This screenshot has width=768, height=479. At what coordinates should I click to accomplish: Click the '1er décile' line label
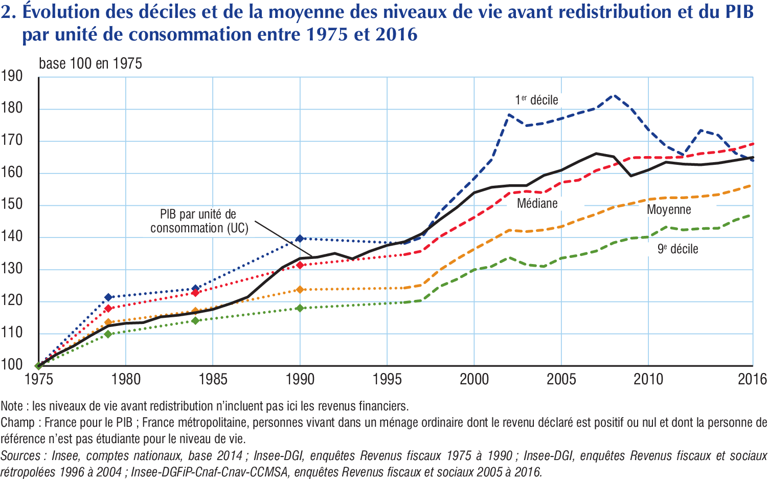click(x=536, y=100)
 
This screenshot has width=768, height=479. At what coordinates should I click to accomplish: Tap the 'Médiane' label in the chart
click(x=537, y=204)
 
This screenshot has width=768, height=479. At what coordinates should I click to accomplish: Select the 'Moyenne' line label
click(x=668, y=210)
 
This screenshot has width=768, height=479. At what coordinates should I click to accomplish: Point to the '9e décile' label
click(x=677, y=249)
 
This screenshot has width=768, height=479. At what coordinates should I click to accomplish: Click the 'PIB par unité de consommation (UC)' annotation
click(x=199, y=221)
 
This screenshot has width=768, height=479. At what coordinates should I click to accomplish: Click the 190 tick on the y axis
click(x=12, y=77)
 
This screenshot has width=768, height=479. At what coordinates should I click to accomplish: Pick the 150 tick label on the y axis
click(x=12, y=204)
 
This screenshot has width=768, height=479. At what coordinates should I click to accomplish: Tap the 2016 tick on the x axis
click(x=752, y=379)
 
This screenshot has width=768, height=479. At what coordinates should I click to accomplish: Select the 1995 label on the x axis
click(x=387, y=379)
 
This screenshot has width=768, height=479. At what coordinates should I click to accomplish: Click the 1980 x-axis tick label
click(x=126, y=379)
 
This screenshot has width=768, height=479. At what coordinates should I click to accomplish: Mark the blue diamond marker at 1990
click(x=300, y=238)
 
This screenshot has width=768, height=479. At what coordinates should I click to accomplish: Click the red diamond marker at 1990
click(x=300, y=265)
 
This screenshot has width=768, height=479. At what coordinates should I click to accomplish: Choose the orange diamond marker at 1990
click(x=300, y=290)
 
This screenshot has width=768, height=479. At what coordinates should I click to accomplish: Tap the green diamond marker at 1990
click(x=300, y=308)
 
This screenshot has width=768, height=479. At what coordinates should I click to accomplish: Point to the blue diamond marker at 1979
click(x=108, y=297)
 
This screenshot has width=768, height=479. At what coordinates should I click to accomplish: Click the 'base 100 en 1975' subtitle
click(x=91, y=64)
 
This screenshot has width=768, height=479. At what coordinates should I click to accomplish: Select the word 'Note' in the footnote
click(x=12, y=406)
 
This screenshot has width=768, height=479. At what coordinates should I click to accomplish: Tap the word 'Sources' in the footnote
click(x=20, y=455)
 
